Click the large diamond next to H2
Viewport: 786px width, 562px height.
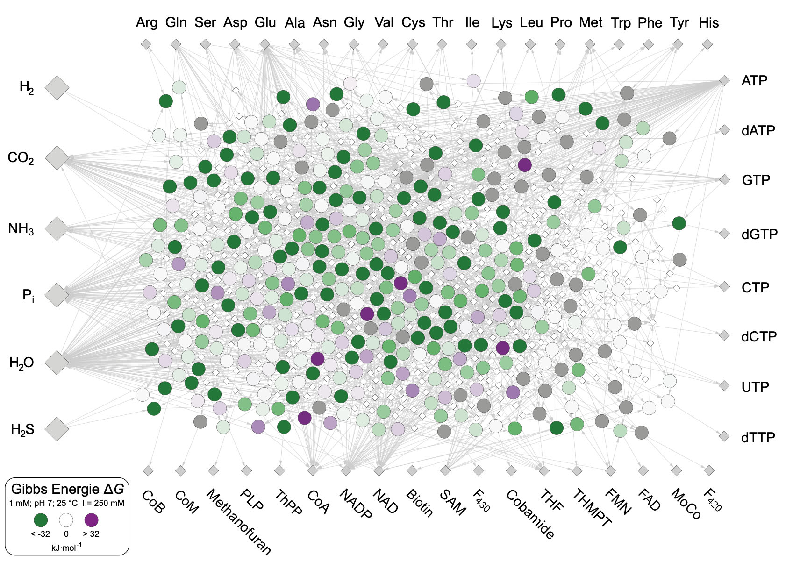57,87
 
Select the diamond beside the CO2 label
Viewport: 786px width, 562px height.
57,158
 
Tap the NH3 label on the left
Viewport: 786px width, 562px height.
21,229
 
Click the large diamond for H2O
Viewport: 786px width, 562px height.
57,363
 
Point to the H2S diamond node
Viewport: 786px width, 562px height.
57,429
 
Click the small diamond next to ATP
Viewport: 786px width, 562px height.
724,80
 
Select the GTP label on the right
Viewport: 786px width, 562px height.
756,180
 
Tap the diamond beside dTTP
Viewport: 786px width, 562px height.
724,436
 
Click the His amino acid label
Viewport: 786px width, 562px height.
708,22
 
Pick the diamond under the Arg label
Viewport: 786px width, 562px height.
146,44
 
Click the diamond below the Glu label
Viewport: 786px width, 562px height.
265,44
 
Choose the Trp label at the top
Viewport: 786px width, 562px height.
620,22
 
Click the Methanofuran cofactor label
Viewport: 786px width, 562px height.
238,521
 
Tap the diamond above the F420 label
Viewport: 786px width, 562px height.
709,470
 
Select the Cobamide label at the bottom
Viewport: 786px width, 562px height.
530,514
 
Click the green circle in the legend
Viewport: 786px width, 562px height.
41,520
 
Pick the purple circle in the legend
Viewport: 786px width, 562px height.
91,520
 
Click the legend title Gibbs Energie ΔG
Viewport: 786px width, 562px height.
67,489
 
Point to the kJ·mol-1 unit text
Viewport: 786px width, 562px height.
66,547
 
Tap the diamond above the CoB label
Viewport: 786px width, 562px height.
148,470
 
